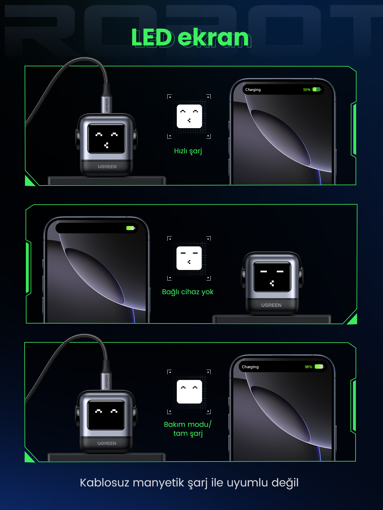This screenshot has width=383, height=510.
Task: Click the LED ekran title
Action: pos(191,38)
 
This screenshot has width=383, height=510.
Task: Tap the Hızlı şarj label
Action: pos(188,151)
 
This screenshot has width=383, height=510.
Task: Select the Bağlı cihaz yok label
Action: pos(188,292)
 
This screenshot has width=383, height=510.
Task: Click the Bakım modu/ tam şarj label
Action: pos(188,429)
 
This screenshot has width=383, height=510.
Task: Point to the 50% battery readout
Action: pos(306,90)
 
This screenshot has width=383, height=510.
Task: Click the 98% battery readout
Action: pos(308,367)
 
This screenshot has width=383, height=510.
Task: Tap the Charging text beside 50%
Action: pos(253,90)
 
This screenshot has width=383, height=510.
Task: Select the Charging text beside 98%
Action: pos(250,367)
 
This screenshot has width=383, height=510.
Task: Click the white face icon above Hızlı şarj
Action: pos(189,116)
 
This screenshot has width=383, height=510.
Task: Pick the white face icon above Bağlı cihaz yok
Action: pos(189,258)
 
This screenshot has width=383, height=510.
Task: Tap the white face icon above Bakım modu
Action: pos(189,392)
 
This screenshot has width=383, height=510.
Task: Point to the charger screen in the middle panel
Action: pos(272,277)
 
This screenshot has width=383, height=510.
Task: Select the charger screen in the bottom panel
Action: pos(106,415)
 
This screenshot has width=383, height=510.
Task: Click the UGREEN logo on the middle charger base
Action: pos(271,305)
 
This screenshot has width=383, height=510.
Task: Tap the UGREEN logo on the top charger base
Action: pos(107,167)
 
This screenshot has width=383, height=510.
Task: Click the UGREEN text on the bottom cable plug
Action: pos(107,382)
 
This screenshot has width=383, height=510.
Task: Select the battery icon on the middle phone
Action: pos(131,228)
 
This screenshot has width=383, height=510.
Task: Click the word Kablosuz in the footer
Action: pos(105,483)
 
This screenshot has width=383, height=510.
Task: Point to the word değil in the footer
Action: pos(285,483)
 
